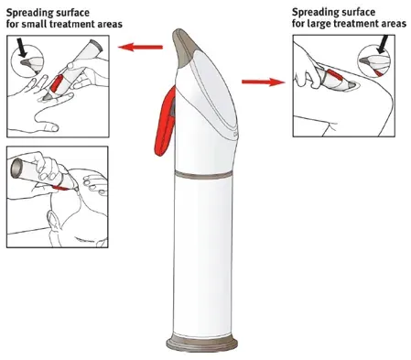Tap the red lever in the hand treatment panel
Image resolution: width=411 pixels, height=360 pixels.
59,82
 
